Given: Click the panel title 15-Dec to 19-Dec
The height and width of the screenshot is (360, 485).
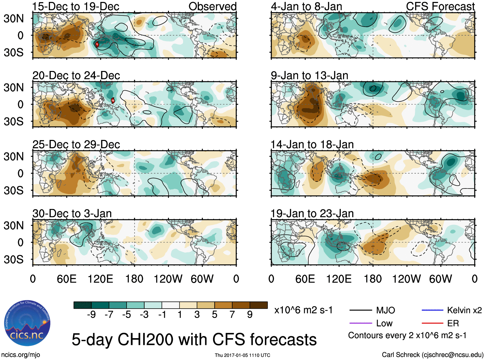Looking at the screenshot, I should tap(76, 6).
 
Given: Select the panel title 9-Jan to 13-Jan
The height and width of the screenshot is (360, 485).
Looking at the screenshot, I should tap(309, 75).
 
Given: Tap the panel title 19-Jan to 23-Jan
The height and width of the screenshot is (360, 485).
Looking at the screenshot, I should tap(312, 214).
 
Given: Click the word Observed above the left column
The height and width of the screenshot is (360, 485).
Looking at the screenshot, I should tap(212, 6).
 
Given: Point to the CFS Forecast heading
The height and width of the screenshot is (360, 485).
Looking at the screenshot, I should tap(440, 6).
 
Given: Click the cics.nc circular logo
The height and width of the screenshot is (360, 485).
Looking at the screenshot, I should tap(27, 323).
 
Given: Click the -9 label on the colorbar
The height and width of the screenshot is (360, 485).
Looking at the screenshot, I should tap(91, 315).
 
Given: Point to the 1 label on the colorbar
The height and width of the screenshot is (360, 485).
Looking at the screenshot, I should tap(180, 315).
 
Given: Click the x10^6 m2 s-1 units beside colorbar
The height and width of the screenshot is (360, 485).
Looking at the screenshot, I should tap(303, 310).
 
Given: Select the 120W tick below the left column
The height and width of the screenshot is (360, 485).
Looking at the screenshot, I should tap(168, 279).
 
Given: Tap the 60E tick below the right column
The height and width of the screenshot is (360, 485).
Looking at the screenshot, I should tap(305, 279).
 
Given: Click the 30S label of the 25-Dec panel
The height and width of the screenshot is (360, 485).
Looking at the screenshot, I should tap(13, 190).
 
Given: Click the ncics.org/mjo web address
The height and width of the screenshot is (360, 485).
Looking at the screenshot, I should tap(21, 355).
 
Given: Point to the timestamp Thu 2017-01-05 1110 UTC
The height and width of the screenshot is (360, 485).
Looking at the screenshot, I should tap(242, 355).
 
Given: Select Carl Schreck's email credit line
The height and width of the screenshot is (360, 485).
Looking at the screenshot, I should tap(432, 355).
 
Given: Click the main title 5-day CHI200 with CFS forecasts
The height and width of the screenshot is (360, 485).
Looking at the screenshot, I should tap(194, 340).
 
